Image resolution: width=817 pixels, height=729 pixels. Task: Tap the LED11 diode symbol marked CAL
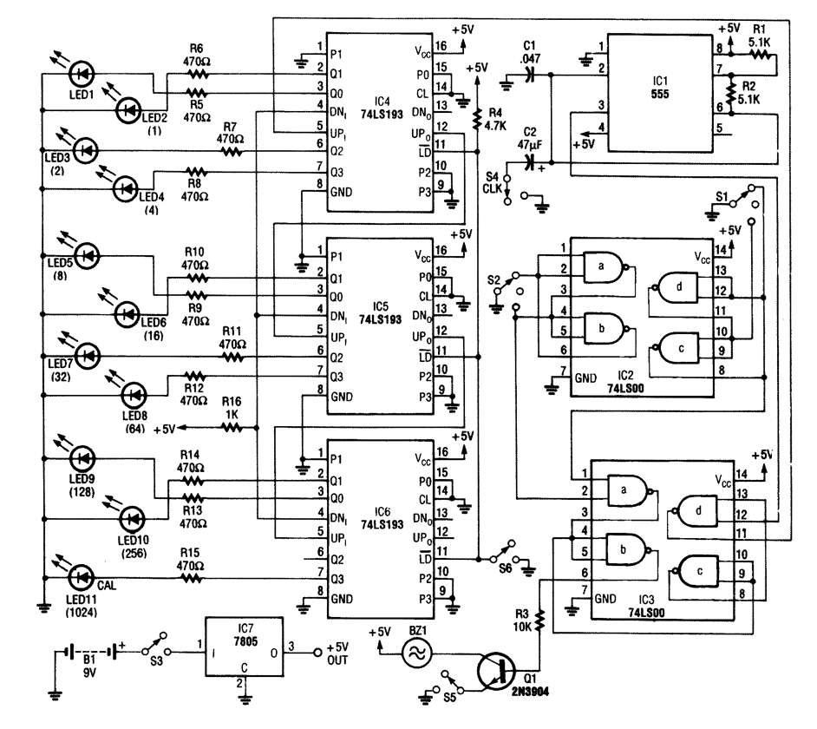tap(82, 575)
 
